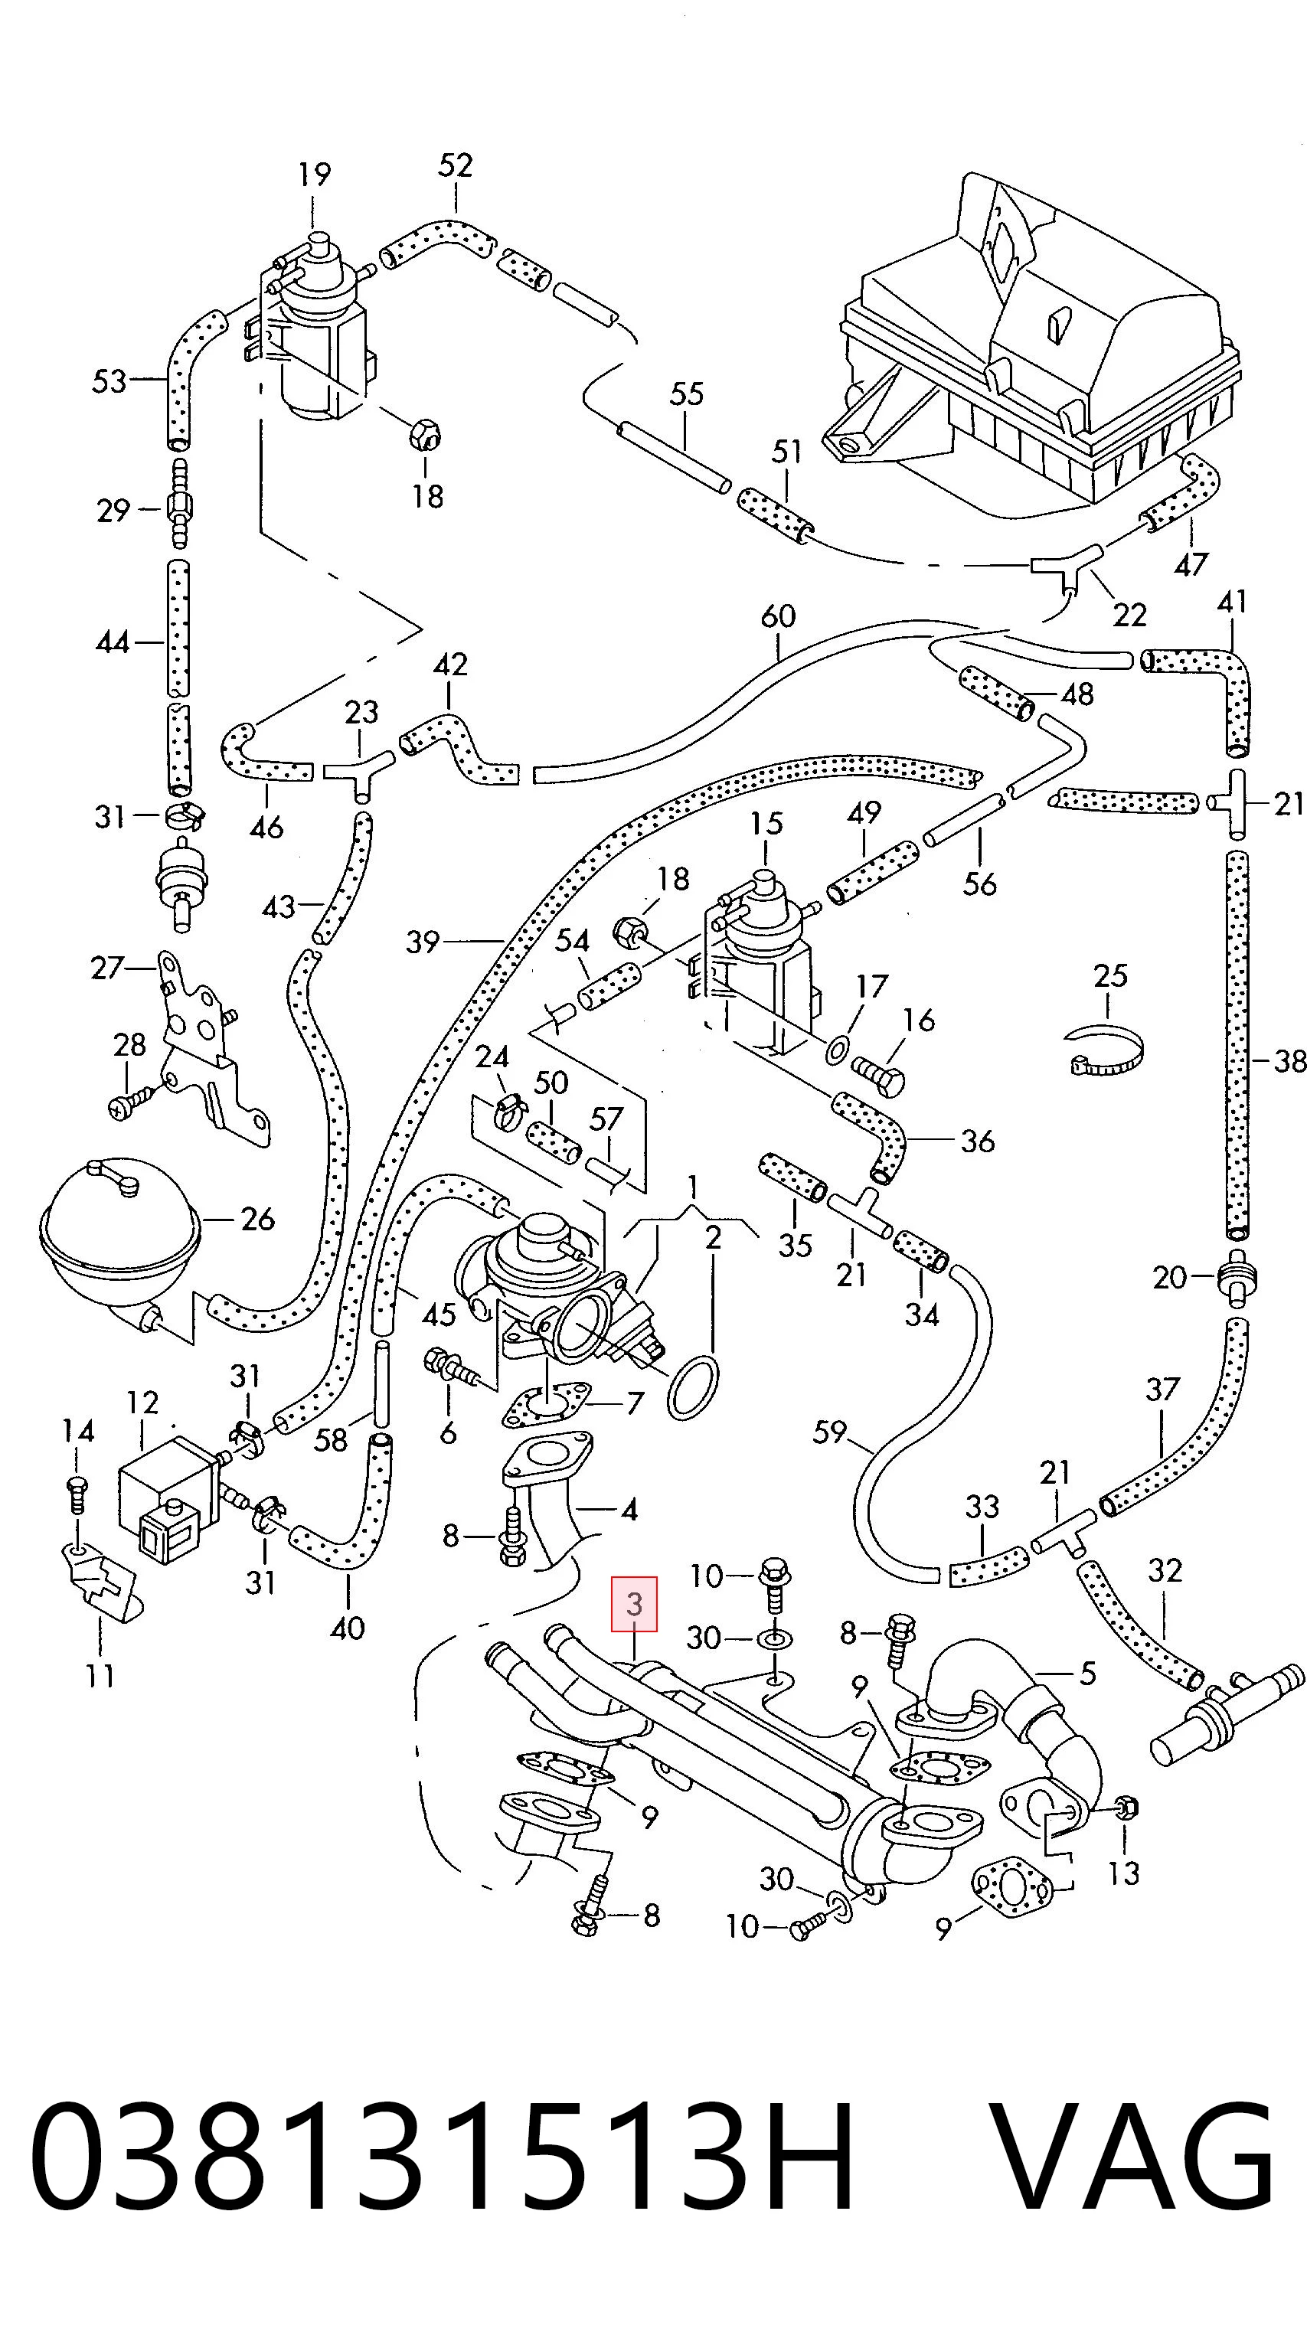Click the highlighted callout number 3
(635, 1603)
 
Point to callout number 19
(315, 174)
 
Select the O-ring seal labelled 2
(693, 1386)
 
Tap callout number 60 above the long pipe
(778, 616)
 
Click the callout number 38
(1289, 1060)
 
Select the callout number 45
(439, 1315)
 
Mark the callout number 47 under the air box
(1191, 564)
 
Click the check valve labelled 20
(1234, 1276)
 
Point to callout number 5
(1088, 1673)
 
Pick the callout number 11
(100, 1675)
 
